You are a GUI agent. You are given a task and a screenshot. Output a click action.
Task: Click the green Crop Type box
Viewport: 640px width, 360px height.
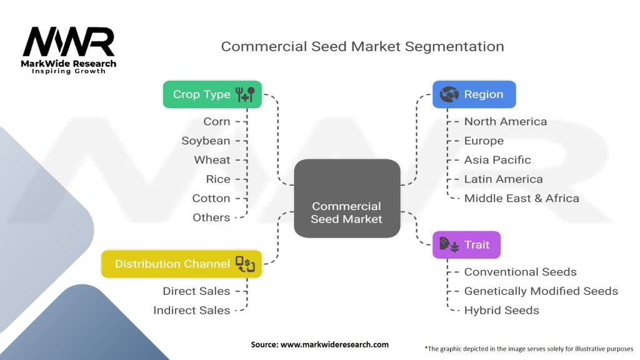point(212,94)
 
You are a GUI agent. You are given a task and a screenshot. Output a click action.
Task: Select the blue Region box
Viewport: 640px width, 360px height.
point(474,94)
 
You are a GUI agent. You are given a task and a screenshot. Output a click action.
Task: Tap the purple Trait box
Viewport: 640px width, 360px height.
point(466,244)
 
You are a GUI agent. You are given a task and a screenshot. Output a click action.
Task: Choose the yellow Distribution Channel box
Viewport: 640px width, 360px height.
point(181,264)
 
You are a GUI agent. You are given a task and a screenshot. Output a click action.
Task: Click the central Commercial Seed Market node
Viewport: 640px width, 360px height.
point(347,198)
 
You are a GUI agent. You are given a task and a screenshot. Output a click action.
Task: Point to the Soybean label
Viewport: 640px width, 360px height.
point(206,141)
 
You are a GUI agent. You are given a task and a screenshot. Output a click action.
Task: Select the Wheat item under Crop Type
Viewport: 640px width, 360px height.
point(212,159)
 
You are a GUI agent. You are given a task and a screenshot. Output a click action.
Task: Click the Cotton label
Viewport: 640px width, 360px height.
point(211,198)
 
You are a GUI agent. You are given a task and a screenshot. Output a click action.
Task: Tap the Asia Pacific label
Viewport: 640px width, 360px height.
point(497,159)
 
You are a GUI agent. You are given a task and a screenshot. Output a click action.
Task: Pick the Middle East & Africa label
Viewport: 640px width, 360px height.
point(522,198)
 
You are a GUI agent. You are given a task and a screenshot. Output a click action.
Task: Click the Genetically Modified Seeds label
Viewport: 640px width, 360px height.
point(541,291)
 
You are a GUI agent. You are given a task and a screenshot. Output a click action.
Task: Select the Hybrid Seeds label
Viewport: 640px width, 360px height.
point(501,310)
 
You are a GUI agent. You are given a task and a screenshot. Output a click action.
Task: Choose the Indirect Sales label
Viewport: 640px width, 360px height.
point(191,310)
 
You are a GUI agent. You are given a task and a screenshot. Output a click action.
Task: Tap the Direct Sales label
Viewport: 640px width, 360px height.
point(196,291)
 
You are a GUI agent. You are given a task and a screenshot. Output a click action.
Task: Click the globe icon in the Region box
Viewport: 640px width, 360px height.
point(449,94)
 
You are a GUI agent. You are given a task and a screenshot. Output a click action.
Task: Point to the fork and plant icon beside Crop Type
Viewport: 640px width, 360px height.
point(245,94)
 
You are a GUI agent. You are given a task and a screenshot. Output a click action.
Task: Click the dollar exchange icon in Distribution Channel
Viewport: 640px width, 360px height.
point(245,264)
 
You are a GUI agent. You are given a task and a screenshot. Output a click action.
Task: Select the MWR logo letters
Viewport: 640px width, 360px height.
point(69,42)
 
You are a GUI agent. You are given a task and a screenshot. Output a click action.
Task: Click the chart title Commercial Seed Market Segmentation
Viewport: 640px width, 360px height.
point(362,46)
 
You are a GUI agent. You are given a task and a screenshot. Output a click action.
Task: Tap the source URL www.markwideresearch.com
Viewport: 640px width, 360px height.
point(334,344)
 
